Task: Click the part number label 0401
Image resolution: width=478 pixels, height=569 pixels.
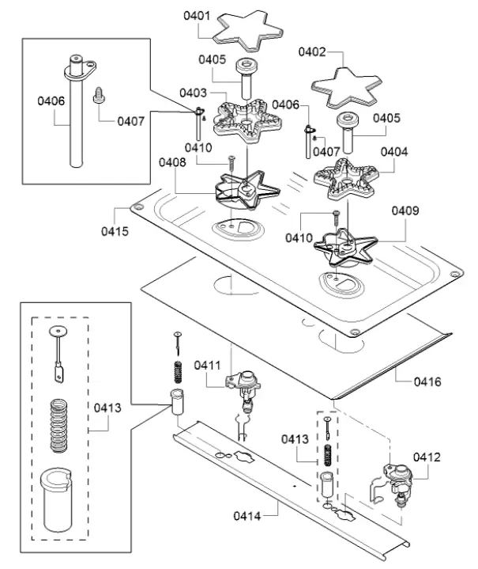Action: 197,16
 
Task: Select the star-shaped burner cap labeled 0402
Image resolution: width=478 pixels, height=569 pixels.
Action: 346,88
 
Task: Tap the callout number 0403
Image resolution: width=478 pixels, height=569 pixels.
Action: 193,93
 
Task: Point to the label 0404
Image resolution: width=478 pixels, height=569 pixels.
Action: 394,151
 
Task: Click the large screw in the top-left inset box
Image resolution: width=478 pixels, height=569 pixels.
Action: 99,95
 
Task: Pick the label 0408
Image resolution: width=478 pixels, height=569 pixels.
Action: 172,162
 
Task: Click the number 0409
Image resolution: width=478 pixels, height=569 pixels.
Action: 405,211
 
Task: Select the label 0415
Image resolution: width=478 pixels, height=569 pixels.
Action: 115,231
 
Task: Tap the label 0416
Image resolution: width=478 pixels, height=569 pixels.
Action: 427,381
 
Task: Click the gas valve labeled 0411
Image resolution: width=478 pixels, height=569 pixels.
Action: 243,389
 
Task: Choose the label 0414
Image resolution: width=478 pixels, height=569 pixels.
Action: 247,516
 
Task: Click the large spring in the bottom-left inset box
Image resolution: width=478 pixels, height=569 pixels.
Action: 58,425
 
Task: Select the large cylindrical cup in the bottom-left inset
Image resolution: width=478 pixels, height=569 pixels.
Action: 56,500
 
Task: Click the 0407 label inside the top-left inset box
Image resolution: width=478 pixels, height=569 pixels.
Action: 131,121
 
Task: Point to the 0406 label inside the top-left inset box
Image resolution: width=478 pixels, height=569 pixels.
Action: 51,101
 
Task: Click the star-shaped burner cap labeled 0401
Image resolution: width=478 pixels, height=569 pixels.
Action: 247,31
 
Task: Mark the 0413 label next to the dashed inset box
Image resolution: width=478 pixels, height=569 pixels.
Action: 107,408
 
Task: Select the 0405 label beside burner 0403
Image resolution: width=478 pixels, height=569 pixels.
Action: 212,59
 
